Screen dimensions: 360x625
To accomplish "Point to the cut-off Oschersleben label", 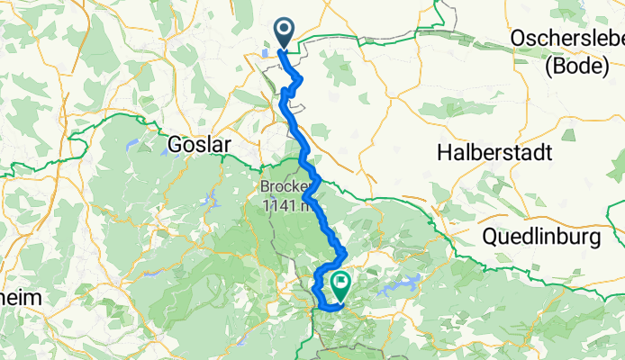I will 567,39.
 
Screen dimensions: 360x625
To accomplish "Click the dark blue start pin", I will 284,32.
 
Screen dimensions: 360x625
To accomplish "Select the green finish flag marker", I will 341,285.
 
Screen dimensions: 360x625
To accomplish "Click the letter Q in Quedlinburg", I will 490,238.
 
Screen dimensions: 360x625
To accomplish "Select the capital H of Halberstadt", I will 444,153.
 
